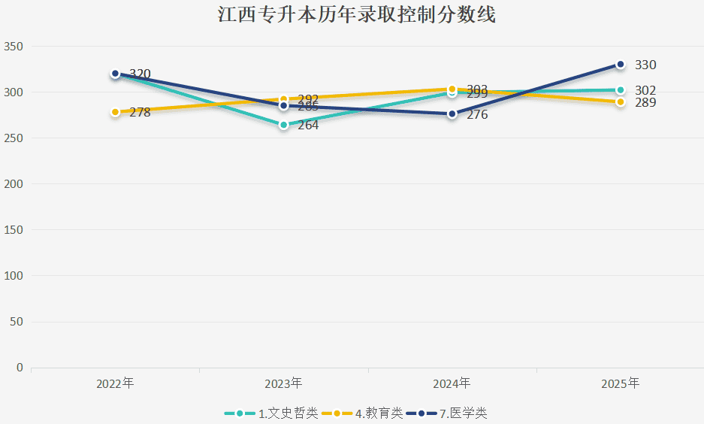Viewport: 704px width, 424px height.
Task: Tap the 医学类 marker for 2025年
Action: (x=621, y=65)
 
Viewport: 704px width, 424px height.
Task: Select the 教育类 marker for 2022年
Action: (x=115, y=112)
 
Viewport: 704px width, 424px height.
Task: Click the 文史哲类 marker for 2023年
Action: (x=283, y=125)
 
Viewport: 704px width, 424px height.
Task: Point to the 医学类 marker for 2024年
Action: (x=452, y=114)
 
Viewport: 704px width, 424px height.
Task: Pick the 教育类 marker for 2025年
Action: (x=621, y=102)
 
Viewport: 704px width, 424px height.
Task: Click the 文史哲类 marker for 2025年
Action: (x=621, y=90)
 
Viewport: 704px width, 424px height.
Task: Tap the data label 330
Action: (x=645, y=65)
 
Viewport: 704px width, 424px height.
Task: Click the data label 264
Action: (x=308, y=126)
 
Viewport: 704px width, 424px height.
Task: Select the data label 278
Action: (x=140, y=113)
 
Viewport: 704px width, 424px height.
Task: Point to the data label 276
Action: (x=477, y=115)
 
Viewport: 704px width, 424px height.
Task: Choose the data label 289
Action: (x=645, y=103)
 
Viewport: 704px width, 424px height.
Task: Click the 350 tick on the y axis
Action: (x=15, y=47)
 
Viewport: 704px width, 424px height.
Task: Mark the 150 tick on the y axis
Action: (x=15, y=230)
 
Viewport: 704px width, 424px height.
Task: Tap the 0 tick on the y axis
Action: (x=20, y=368)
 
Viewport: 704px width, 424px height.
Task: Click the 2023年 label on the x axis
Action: (x=283, y=383)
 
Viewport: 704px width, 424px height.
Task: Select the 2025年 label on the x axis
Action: (x=621, y=383)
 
